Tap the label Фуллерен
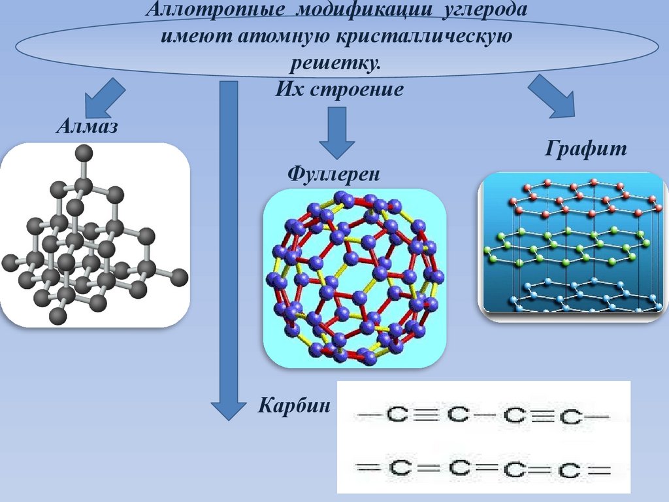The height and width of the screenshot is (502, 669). tap(333, 175)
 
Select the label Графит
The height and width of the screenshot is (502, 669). tap(586, 149)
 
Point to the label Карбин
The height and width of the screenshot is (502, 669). tap(294, 405)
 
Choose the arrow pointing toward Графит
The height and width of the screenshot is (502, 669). tap(553, 96)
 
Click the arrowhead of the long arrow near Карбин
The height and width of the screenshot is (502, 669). tap(227, 409)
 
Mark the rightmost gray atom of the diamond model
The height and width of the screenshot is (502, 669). tap(180, 276)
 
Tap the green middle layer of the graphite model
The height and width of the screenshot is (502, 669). tap(565, 248)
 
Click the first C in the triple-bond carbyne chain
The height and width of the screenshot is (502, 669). tap(396, 414)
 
